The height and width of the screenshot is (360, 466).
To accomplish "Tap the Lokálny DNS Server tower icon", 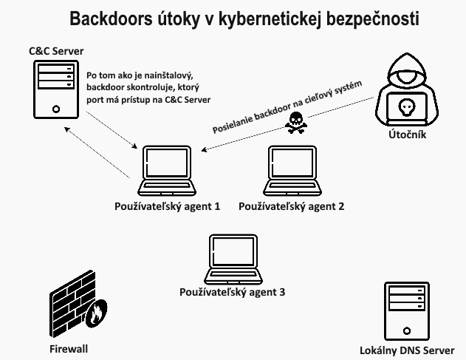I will [x=405, y=310].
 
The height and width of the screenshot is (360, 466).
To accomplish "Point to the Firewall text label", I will [x=69, y=348].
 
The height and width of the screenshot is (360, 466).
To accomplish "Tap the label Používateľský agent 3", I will [x=232, y=293].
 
